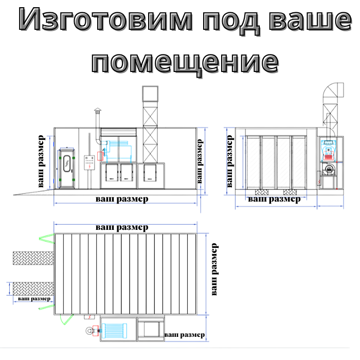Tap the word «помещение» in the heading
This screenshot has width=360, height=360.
[x=186, y=62]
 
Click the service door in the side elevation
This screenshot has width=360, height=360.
[x=67, y=166]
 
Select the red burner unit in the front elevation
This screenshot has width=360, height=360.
[x=328, y=153]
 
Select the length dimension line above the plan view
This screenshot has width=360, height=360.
[x=125, y=224]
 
